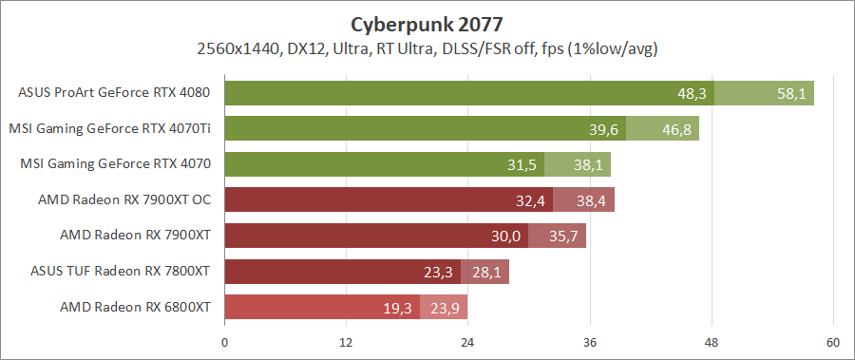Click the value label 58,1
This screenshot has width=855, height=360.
tap(789, 94)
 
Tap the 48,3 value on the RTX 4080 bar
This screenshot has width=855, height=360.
tap(692, 94)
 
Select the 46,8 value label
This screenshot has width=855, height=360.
tap(675, 129)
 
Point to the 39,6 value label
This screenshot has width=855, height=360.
tap(603, 129)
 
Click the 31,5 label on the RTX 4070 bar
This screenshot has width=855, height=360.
tap(522, 165)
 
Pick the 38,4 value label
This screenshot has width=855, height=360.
tap(591, 201)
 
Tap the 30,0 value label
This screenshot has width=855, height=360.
tap(505, 237)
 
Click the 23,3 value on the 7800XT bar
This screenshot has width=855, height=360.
tap(438, 273)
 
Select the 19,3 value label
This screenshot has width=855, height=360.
tap(397, 308)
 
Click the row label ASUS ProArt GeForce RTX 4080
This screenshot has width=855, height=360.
tap(114, 93)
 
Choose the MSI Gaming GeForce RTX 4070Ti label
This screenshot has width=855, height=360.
tap(109, 128)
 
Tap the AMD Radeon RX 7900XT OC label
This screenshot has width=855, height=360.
tap(124, 199)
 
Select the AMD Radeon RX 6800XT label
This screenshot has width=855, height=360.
tap(135, 307)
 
